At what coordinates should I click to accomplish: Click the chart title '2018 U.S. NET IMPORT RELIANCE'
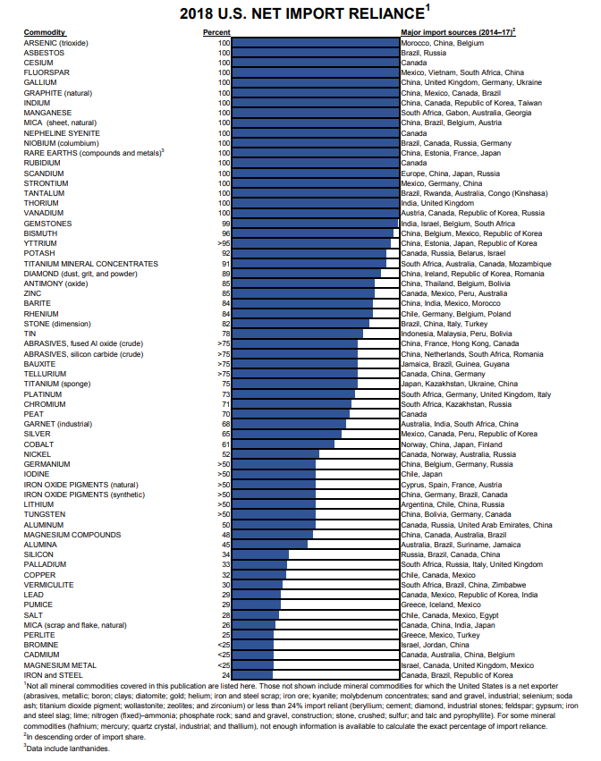pos(300,13)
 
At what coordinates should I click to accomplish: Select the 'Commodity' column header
pos(44,32)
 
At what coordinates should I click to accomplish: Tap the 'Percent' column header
pos(217,32)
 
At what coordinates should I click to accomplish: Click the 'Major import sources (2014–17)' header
pos(457,32)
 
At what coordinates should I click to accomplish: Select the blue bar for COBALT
pos(283,444)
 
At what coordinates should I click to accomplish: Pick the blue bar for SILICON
pos(259,554)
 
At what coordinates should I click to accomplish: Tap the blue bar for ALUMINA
pos(269,545)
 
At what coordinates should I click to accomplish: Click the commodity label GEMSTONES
pos(48,223)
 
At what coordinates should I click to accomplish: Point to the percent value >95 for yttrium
pos(223,243)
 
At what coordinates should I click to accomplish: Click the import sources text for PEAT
pos(413,414)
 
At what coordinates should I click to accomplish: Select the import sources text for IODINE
pos(421,474)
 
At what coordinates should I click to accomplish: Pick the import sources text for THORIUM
pos(437,203)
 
